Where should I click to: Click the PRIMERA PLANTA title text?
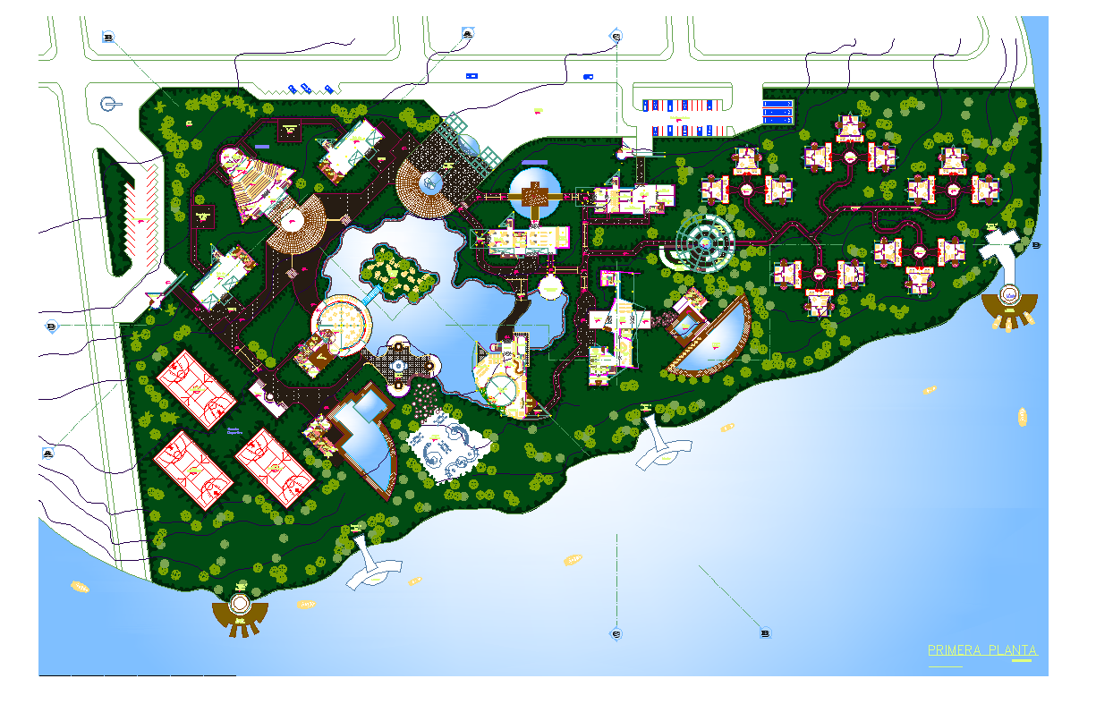(982, 650)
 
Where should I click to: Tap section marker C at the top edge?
(616, 36)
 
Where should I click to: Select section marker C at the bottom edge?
(616, 633)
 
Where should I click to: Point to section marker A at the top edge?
(468, 34)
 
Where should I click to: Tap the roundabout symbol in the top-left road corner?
(108, 105)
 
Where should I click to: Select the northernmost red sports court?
(195, 386)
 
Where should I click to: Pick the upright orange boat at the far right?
(1022, 415)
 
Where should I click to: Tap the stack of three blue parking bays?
(777, 112)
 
